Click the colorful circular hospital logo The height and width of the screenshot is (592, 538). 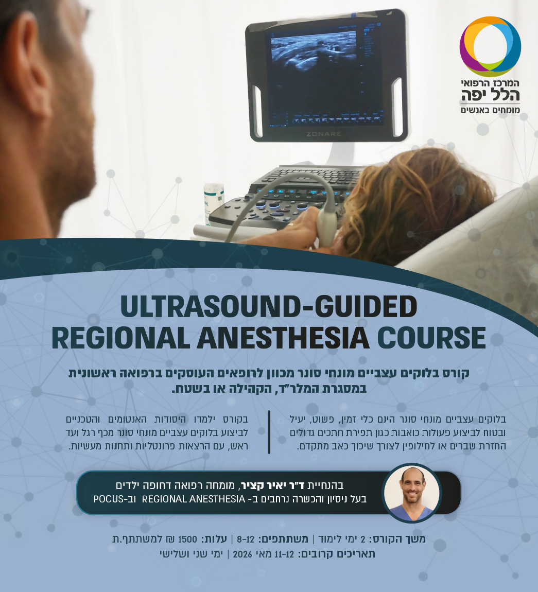click(x=490, y=46)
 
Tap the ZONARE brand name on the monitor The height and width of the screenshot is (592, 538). click(x=323, y=134)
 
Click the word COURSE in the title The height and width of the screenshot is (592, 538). click(x=431, y=338)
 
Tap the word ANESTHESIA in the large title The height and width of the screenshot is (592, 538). click(x=283, y=338)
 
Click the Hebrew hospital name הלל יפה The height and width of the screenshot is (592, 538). click(x=491, y=95)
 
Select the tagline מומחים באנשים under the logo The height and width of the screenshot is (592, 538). click(x=491, y=110)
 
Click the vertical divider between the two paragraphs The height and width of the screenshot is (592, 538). click(x=269, y=432)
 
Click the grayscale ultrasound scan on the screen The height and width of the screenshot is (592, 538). click(x=313, y=53)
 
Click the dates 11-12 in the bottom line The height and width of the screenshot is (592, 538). click(x=285, y=554)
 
